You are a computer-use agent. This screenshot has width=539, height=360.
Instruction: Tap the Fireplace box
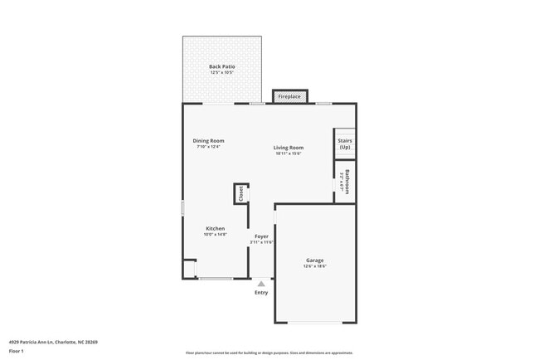[289, 96]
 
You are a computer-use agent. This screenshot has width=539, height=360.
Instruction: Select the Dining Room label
[209, 141]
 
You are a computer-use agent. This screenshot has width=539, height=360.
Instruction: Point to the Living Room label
[289, 148]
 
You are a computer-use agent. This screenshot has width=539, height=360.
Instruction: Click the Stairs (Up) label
[344, 144]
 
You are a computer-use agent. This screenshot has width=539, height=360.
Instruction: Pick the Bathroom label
[346, 182]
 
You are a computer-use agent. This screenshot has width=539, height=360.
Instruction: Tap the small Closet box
[240, 193]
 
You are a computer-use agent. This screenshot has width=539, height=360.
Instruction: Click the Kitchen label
[215, 228]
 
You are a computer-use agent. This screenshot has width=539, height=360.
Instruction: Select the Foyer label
[261, 236]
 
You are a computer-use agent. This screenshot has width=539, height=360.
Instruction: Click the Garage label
[314, 260]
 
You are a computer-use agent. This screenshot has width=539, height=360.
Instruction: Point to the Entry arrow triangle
[261, 284]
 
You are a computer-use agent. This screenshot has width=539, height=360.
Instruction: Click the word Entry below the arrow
[261, 292]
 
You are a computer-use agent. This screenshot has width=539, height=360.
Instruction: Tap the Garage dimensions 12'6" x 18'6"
[314, 266]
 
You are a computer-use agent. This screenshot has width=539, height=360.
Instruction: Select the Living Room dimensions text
[289, 153]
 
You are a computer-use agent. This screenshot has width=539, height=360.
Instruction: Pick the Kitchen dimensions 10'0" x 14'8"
[215, 235]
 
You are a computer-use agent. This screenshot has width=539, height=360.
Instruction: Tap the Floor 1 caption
[17, 351]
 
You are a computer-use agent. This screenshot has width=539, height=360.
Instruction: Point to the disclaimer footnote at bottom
[269, 353]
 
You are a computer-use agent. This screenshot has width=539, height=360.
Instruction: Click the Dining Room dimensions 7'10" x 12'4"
[209, 147]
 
